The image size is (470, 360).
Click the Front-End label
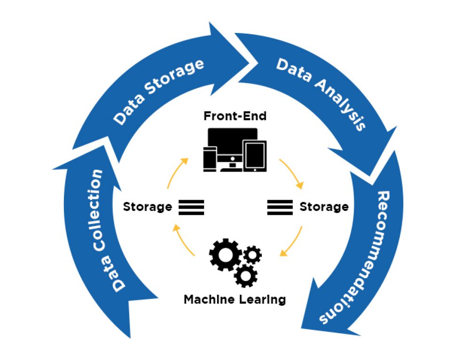point(235,116)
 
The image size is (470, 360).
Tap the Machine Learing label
point(235,299)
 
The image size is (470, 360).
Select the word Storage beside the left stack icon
point(147,206)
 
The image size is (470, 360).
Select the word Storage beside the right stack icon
point(324,206)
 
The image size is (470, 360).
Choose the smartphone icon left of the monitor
point(210,158)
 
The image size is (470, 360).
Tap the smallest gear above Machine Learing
point(252,254)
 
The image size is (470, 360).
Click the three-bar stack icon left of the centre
point(191,207)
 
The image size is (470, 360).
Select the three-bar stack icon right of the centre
point(280,207)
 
